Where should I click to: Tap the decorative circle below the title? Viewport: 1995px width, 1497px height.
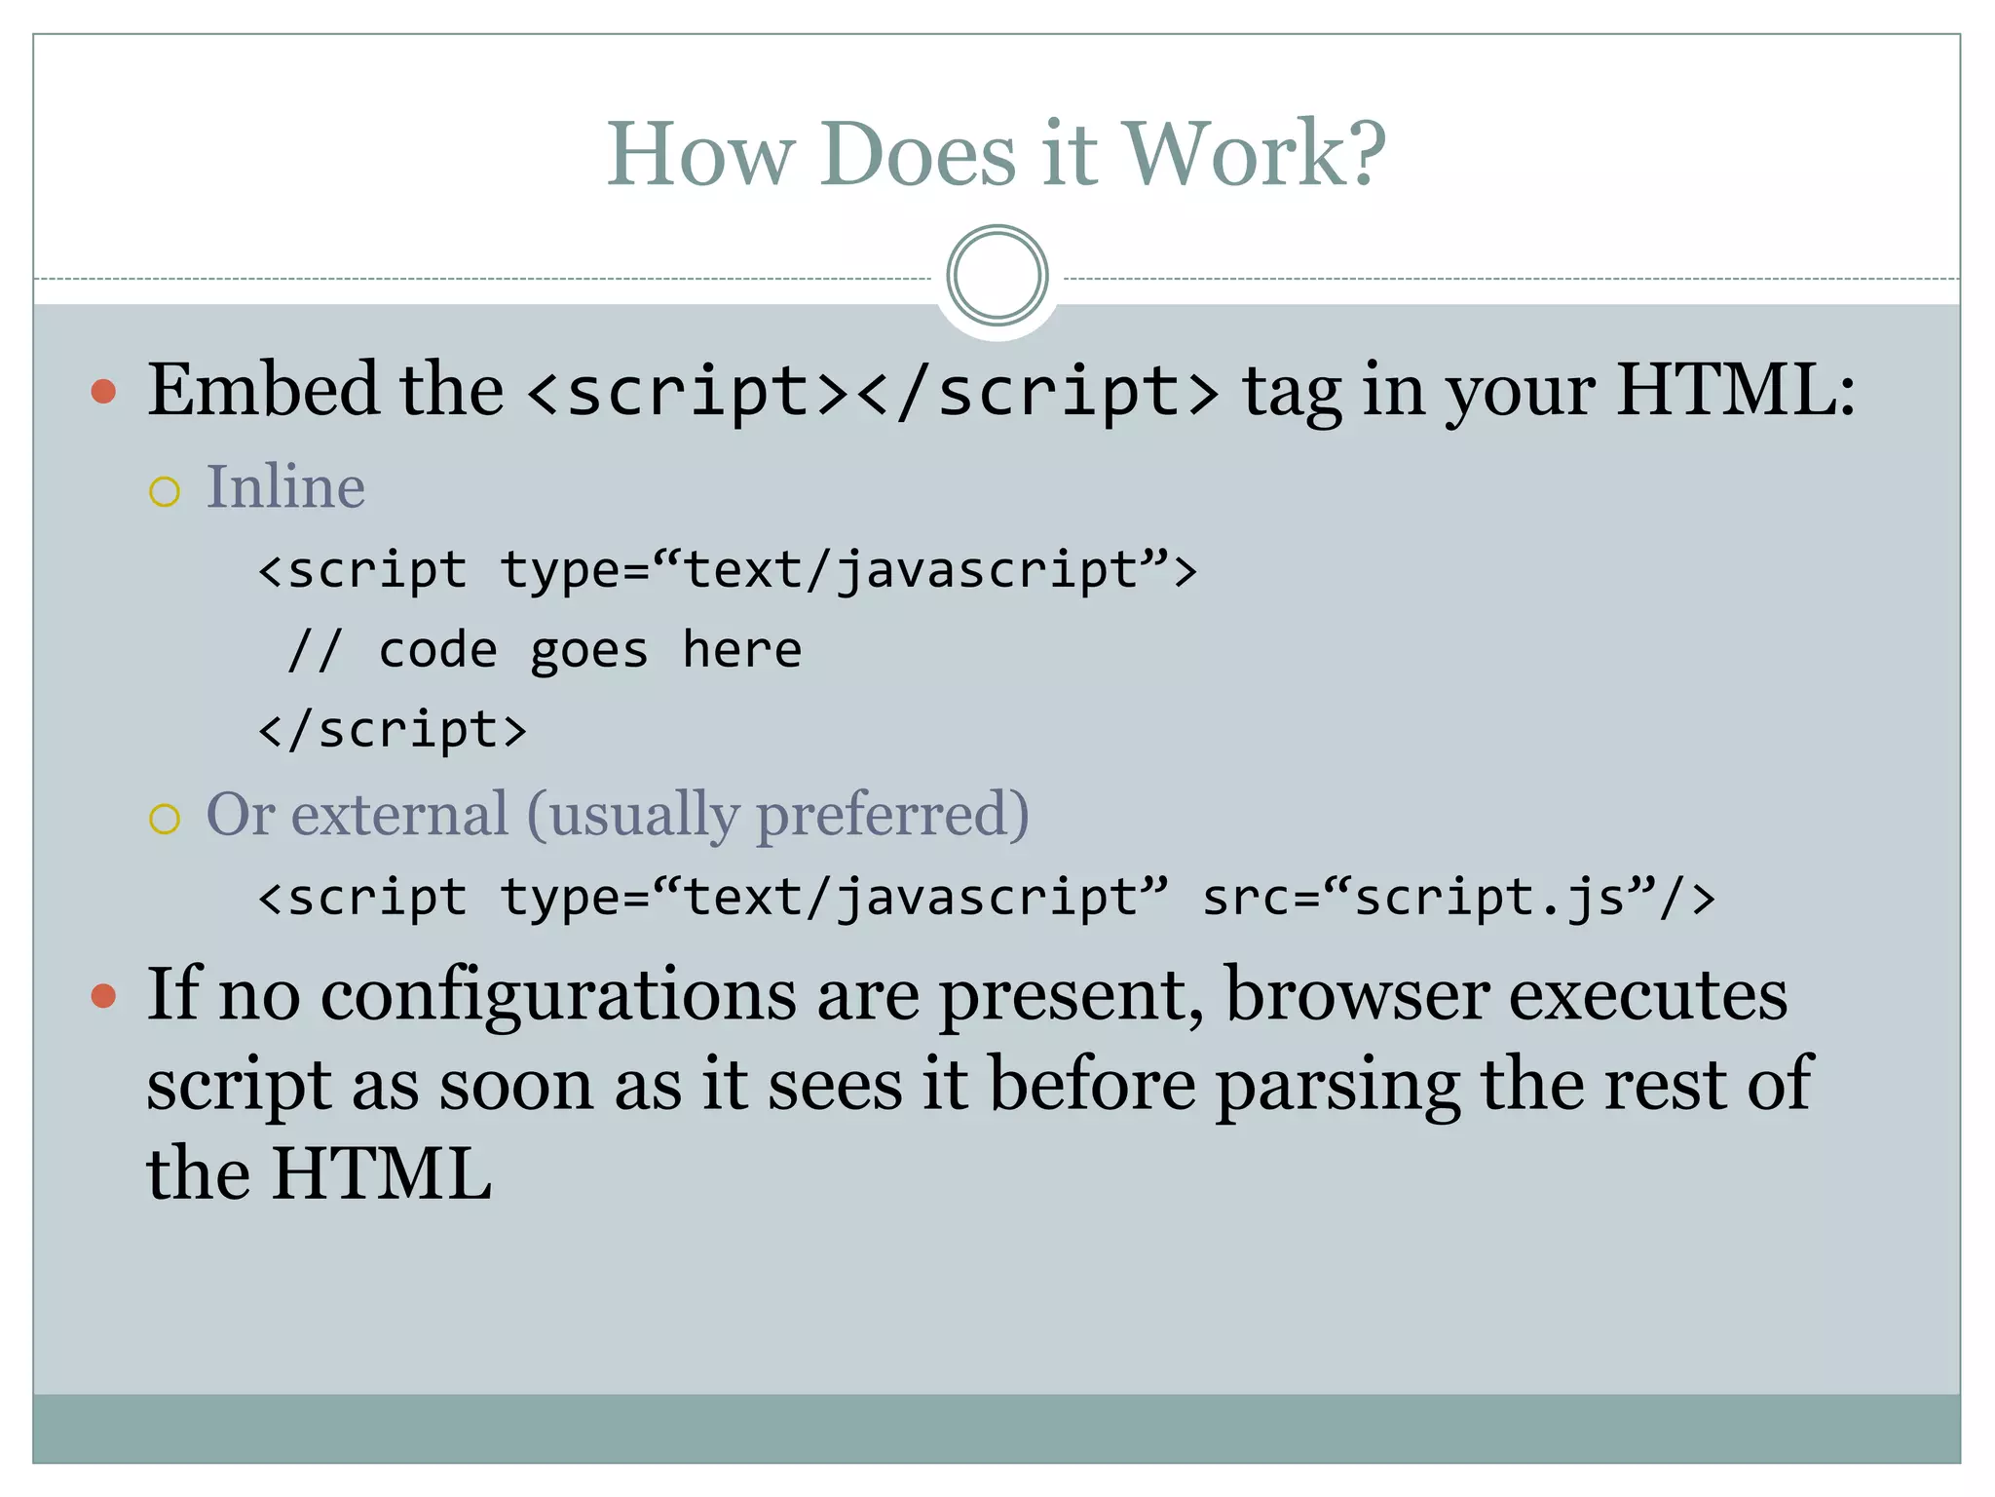click(x=997, y=276)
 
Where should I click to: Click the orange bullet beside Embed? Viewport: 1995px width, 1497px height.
click(x=103, y=392)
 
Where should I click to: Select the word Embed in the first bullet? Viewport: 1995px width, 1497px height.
click(x=262, y=390)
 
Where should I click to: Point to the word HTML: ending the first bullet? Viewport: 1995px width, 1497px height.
click(x=1735, y=390)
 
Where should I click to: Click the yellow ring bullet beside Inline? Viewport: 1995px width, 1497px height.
click(x=165, y=491)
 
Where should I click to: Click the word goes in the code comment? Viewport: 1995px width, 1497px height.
click(x=588, y=651)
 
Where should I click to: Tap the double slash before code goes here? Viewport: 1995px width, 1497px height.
click(x=314, y=650)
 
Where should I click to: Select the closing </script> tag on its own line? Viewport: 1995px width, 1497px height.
click(x=392, y=730)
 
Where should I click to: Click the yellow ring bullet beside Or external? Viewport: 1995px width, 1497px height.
click(x=165, y=818)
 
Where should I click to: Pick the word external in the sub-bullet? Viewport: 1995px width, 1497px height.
click(x=399, y=814)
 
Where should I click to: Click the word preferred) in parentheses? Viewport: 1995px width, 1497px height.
click(x=892, y=814)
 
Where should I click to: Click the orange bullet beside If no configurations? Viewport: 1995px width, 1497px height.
click(x=103, y=996)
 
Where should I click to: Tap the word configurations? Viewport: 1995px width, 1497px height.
click(x=558, y=996)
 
